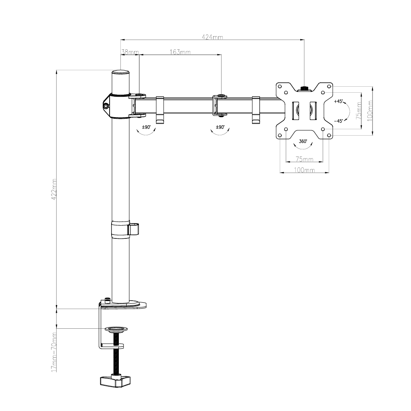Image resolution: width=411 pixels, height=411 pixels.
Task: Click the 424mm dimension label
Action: [212, 37]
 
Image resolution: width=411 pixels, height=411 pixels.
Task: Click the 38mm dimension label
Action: [130, 52]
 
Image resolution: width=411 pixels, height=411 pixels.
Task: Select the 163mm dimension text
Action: [180, 52]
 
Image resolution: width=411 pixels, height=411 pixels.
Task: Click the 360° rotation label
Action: [303, 141]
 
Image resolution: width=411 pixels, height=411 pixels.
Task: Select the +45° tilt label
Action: [338, 101]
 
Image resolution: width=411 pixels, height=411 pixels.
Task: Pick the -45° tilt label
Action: [338, 121]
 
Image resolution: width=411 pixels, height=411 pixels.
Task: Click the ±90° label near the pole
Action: [146, 127]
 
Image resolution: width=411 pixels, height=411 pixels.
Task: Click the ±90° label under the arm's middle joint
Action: [220, 127]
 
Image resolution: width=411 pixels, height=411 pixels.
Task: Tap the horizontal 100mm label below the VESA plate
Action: [304, 170]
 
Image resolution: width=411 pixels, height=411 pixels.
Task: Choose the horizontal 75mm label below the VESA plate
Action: [304, 159]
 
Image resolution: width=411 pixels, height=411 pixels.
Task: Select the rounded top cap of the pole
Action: [121, 73]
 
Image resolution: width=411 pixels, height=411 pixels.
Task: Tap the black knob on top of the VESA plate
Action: [304, 88]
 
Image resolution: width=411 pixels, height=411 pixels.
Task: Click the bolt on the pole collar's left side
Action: [106, 106]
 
